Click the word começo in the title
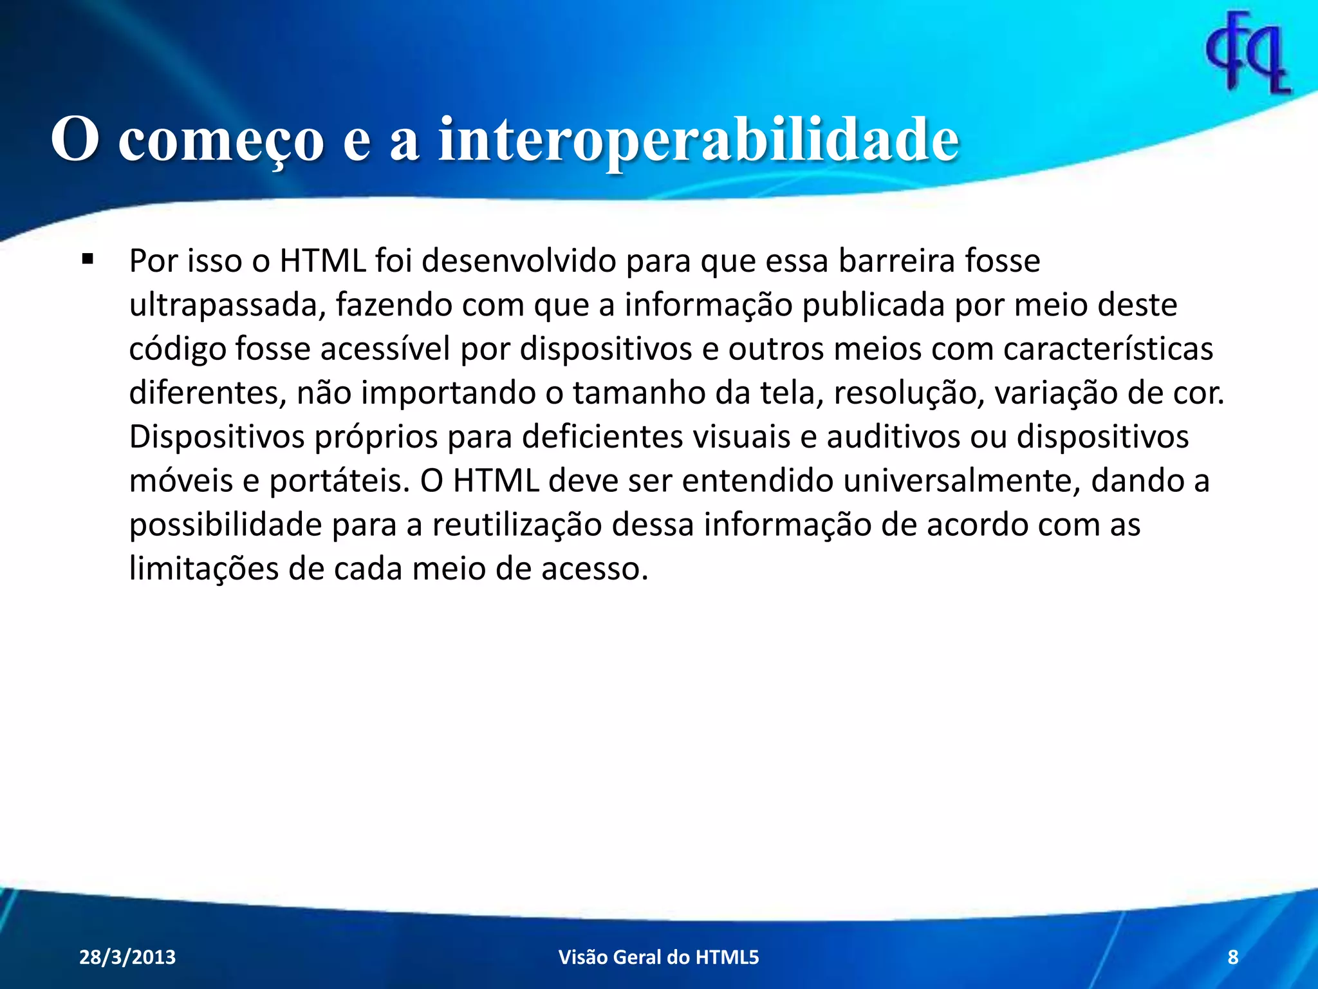(x=221, y=140)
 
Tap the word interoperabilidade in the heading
(x=699, y=140)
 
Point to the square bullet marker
(x=88, y=260)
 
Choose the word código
(x=177, y=349)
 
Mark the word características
(x=1108, y=349)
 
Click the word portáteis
(x=339, y=481)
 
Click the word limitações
(x=204, y=569)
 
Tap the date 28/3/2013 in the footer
(x=127, y=957)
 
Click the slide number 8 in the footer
(x=1233, y=957)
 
